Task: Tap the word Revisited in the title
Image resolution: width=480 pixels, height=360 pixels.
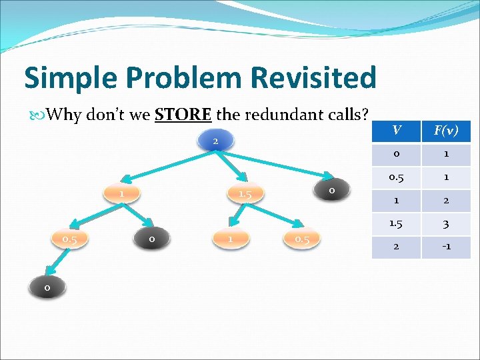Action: point(313,78)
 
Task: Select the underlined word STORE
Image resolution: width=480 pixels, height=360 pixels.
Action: point(183,115)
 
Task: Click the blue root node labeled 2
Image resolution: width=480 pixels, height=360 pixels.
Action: point(215,141)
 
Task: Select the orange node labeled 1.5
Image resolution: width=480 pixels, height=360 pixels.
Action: point(245,194)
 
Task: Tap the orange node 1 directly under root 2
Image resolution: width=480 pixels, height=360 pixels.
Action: point(123,193)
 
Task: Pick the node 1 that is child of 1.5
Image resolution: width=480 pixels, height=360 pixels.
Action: point(230,238)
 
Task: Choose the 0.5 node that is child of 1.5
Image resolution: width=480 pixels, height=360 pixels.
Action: point(302,238)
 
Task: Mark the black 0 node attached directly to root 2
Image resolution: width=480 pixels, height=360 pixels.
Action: point(332,191)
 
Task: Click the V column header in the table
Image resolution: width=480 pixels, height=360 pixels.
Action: point(396,131)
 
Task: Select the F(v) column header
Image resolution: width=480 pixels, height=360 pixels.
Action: point(445,131)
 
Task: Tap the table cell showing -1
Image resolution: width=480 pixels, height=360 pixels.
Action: point(445,247)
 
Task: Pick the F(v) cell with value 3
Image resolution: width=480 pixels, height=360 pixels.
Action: point(445,224)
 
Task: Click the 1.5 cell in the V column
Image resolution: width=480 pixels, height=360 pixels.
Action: point(396,224)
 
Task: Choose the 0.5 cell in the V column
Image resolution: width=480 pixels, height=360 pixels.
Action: point(396,177)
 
